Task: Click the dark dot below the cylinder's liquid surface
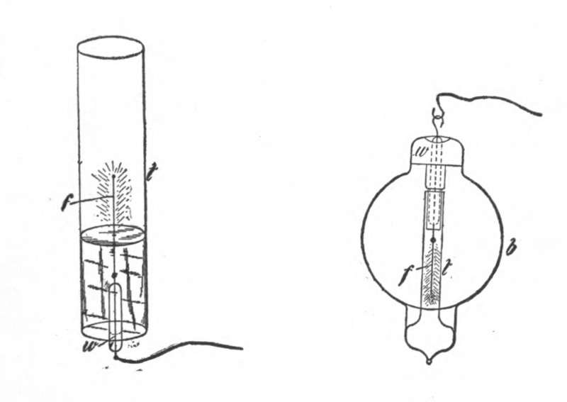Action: click(114, 274)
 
